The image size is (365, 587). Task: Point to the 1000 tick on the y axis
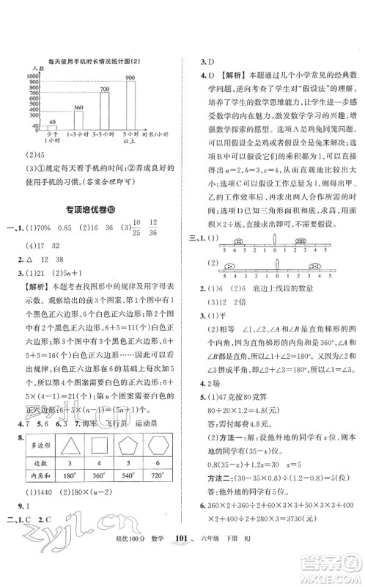[x=31, y=76]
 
